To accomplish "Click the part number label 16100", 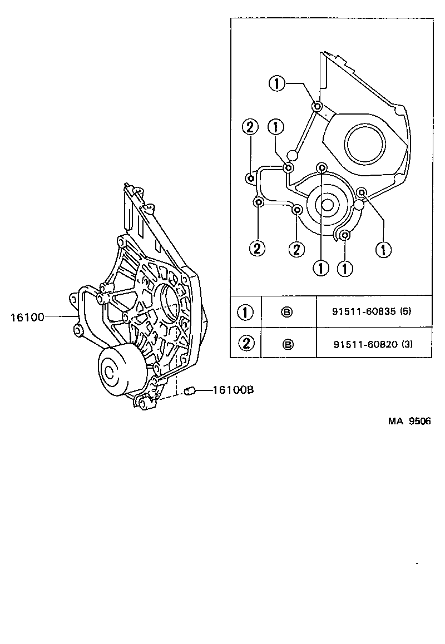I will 27,318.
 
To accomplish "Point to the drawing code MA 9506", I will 409,421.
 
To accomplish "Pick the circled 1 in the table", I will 245,313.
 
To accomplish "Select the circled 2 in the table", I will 245,344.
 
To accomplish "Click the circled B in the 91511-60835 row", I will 288,313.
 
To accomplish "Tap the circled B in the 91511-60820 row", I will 288,344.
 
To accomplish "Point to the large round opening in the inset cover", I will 364,143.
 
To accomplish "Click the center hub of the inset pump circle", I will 327,204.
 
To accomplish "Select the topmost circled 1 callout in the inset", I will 278,85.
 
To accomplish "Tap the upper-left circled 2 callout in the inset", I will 250,127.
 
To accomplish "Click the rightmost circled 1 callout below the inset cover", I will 383,249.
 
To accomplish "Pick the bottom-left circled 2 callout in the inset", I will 257,249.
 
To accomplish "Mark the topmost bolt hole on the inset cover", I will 317,106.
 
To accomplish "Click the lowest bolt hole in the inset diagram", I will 345,235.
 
